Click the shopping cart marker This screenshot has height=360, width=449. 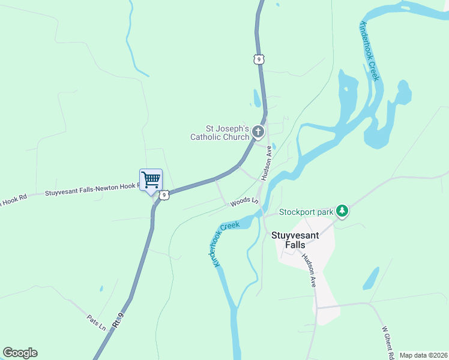(x=151, y=179)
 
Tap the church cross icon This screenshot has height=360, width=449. (x=258, y=131)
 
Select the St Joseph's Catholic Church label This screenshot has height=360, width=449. (x=228, y=133)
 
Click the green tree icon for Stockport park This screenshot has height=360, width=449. (x=342, y=211)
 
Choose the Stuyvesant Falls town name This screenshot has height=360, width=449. (x=295, y=241)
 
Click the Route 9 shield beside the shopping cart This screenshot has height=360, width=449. (x=164, y=194)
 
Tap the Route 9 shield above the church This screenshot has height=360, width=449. (x=258, y=59)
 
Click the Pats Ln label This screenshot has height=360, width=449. (x=97, y=323)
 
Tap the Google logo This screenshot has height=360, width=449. (x=20, y=353)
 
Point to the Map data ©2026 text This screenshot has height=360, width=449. (x=423, y=355)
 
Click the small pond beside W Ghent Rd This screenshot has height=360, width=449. (x=371, y=278)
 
